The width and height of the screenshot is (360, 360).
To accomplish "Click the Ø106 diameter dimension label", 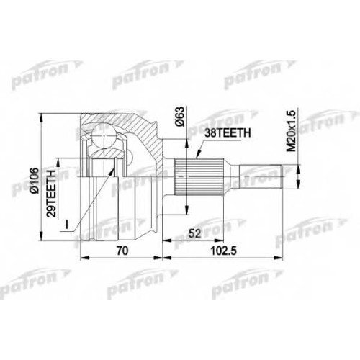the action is click(x=35, y=181).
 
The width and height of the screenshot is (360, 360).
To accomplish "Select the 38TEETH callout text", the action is click(x=228, y=133).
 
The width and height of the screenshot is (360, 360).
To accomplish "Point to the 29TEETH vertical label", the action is click(x=51, y=194).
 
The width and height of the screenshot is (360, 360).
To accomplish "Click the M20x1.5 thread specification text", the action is click(x=292, y=130).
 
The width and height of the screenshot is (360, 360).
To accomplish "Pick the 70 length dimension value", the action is click(x=122, y=251).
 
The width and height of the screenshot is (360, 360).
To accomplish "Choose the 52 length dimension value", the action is click(x=194, y=233).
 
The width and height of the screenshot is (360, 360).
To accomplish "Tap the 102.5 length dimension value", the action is click(x=223, y=251).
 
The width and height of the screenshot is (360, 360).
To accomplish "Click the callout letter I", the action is click(x=67, y=225).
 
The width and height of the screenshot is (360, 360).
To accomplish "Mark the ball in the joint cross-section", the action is click(x=104, y=135).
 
